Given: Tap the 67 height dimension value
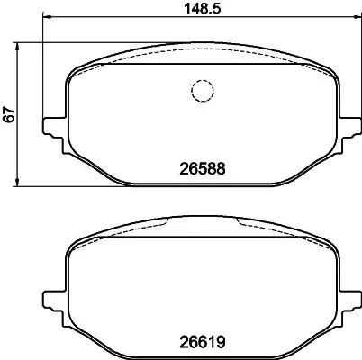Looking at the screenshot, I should click(10, 114).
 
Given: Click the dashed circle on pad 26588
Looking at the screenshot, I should click(200, 91).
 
